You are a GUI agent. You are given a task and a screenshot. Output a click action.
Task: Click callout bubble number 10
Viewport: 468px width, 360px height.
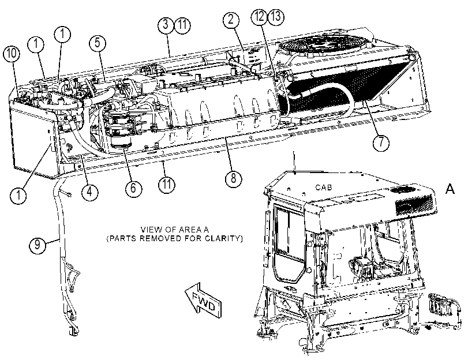12,54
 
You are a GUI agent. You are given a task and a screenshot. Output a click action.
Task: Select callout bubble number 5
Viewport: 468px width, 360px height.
98,43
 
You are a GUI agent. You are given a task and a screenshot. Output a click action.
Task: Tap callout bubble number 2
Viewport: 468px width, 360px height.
231,20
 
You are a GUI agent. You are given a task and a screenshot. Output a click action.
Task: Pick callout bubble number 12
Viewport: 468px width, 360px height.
259,16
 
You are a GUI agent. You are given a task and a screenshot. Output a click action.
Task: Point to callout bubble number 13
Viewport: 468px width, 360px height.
276,16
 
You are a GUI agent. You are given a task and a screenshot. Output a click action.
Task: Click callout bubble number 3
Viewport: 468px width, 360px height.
166,24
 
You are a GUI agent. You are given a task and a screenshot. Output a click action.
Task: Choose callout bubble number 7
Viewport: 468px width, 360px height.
381,142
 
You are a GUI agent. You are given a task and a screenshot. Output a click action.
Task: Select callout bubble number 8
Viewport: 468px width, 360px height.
233,178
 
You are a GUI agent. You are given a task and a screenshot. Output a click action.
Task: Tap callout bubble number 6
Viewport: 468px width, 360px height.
133,188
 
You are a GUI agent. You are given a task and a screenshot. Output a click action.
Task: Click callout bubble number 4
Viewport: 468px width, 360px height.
89,192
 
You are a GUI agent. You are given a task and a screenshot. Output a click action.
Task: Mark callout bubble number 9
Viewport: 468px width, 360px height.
38,245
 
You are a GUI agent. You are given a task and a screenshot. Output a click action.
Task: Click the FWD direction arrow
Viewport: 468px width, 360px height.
203,299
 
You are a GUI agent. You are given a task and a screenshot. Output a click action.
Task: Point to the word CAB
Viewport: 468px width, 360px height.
324,187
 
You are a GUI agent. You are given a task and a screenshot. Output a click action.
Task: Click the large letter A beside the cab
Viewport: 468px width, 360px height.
450,189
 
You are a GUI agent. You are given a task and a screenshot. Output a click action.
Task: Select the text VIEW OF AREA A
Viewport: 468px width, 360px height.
175,230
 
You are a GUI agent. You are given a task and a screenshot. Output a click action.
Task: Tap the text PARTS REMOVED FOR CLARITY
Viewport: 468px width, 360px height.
175,238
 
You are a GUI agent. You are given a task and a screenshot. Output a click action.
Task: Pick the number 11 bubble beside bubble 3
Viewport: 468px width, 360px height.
182,24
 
